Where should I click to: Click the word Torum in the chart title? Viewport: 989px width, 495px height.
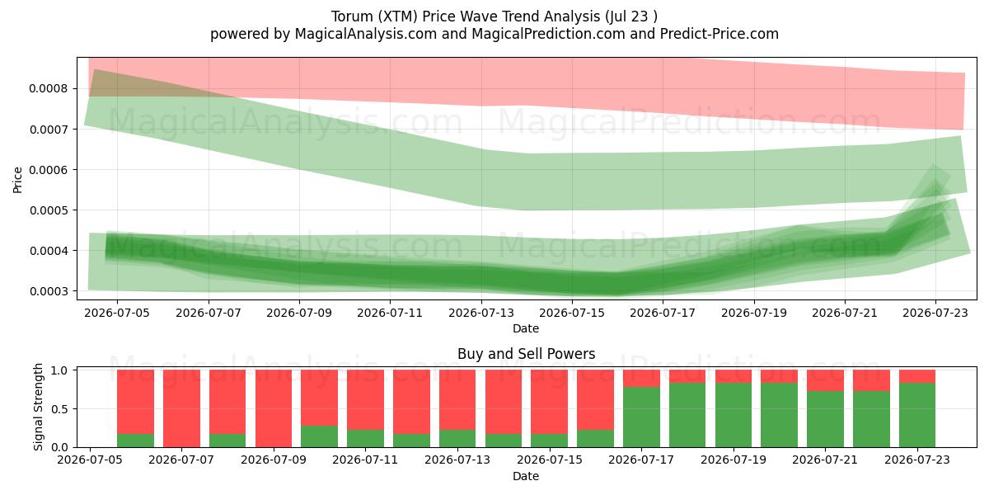[x=352, y=16]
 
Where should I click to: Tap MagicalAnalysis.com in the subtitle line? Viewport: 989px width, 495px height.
[x=366, y=34]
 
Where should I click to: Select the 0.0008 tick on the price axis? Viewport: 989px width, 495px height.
[x=49, y=89]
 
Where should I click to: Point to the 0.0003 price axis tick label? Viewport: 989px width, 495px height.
[x=49, y=291]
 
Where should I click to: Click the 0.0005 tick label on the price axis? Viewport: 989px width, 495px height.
[x=49, y=210]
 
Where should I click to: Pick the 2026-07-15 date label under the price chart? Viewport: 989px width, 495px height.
[x=572, y=313]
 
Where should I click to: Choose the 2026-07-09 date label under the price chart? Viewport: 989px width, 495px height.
[x=299, y=313]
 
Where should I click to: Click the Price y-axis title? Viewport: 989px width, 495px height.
[x=17, y=180]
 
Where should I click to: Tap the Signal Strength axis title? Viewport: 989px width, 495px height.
[x=38, y=407]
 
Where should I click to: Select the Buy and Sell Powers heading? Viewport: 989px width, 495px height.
[x=527, y=354]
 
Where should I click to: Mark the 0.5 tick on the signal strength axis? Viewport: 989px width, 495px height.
[x=59, y=409]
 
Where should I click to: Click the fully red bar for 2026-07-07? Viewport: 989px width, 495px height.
[x=181, y=408]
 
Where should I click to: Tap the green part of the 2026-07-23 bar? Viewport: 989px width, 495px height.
[x=917, y=415]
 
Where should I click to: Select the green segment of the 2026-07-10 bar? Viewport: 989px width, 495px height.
[x=319, y=436]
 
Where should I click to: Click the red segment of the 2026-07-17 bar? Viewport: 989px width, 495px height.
[x=641, y=379]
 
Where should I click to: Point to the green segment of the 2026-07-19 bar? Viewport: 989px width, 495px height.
[x=734, y=415]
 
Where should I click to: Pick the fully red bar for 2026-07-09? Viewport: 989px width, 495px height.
[x=274, y=408]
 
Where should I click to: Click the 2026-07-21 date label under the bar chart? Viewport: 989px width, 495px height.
[x=825, y=460]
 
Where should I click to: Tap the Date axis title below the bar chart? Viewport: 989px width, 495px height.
[x=526, y=477]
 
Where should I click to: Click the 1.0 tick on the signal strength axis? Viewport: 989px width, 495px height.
[x=59, y=370]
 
